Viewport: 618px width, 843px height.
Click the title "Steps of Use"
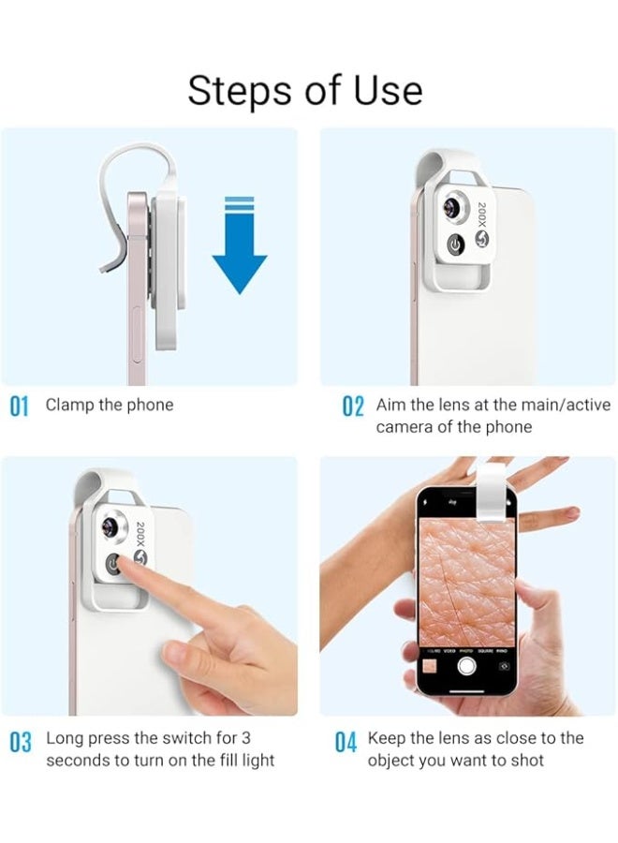[305, 91]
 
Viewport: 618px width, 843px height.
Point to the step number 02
[352, 407]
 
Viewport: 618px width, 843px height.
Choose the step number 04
[346, 743]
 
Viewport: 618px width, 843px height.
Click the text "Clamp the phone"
[110, 406]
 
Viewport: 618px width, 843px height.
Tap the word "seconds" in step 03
[78, 761]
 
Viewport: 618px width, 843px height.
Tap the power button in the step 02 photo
[455, 245]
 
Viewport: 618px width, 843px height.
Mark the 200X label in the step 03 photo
[141, 539]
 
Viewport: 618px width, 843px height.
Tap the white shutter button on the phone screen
[465, 666]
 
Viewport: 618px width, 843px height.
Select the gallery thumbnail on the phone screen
[429, 666]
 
